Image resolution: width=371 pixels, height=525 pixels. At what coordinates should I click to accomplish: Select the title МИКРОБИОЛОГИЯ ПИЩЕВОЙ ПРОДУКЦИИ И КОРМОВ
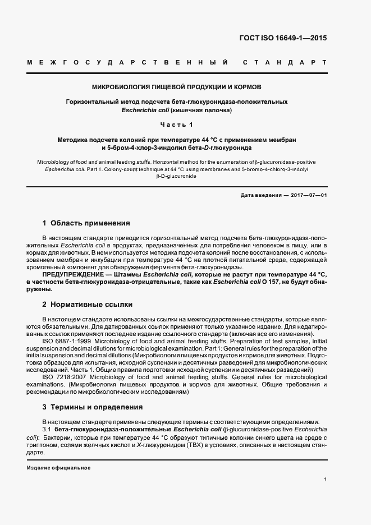click(x=185, y=87)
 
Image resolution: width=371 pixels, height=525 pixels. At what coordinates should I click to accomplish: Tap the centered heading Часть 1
click(x=185, y=124)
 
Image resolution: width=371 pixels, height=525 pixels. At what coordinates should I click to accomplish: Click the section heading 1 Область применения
click(x=86, y=223)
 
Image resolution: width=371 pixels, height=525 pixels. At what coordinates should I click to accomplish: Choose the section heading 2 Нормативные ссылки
click(x=88, y=305)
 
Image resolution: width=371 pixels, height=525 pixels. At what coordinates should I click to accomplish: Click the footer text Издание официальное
click(x=59, y=467)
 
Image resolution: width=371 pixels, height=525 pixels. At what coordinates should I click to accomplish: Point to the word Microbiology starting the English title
click(x=53, y=161)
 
